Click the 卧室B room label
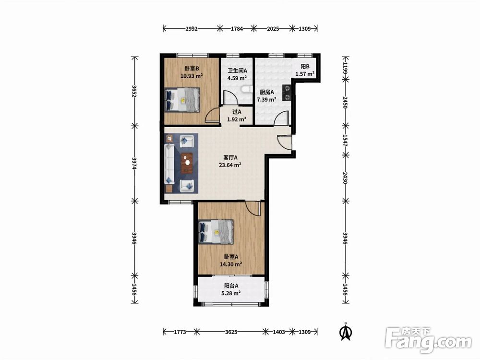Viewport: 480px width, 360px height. click(192, 68)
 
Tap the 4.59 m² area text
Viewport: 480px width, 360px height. click(237, 78)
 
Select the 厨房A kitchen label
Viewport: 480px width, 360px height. click(266, 92)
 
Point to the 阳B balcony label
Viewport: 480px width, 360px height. click(305, 66)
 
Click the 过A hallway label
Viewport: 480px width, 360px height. click(237, 112)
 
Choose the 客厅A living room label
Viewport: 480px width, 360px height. click(230, 157)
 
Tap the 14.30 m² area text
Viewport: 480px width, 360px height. click(231, 264)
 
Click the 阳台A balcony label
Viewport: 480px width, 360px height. click(231, 286)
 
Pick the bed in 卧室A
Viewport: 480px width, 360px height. click(216, 232)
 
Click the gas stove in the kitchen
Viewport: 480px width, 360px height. click(287, 93)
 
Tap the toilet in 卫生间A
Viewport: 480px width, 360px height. click(246, 89)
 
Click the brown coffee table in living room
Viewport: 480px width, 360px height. click(187, 163)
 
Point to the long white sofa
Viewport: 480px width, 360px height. click(169, 164)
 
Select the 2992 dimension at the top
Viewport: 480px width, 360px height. click(192, 29)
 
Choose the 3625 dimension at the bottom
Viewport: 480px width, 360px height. click(231, 332)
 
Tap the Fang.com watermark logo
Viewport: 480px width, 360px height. click(428, 340)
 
